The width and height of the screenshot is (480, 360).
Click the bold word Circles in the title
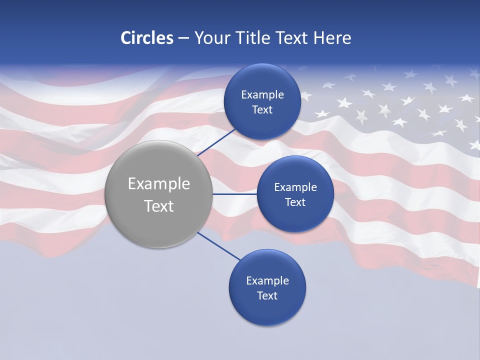(146, 38)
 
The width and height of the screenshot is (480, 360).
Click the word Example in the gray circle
(159, 184)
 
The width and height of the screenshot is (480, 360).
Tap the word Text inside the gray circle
(159, 206)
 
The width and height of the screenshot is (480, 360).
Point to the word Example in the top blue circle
(262, 95)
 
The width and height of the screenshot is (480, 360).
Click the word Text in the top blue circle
(262, 110)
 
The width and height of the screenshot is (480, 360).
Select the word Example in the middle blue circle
(295, 187)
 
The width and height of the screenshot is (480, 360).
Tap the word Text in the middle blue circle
(295, 202)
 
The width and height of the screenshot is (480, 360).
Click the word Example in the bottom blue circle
(267, 281)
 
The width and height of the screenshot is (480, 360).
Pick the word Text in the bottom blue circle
(267, 296)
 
